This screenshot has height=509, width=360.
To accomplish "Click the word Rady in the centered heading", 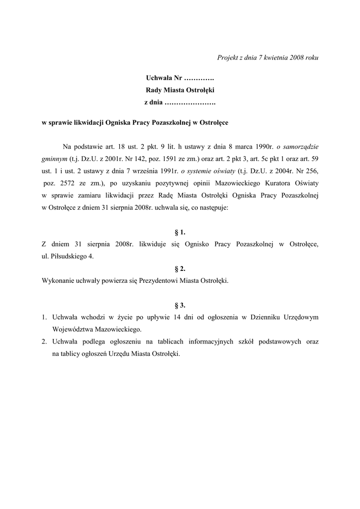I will tap(154, 90).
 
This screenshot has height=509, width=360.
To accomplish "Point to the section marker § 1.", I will tap(180, 232).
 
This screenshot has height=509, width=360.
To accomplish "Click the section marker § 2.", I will tap(180, 269).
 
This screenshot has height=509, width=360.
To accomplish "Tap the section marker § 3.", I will tap(180, 305).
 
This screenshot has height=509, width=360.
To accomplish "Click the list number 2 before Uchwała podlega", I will tap(44, 342).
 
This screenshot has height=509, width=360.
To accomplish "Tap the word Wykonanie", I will tap(58, 281).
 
